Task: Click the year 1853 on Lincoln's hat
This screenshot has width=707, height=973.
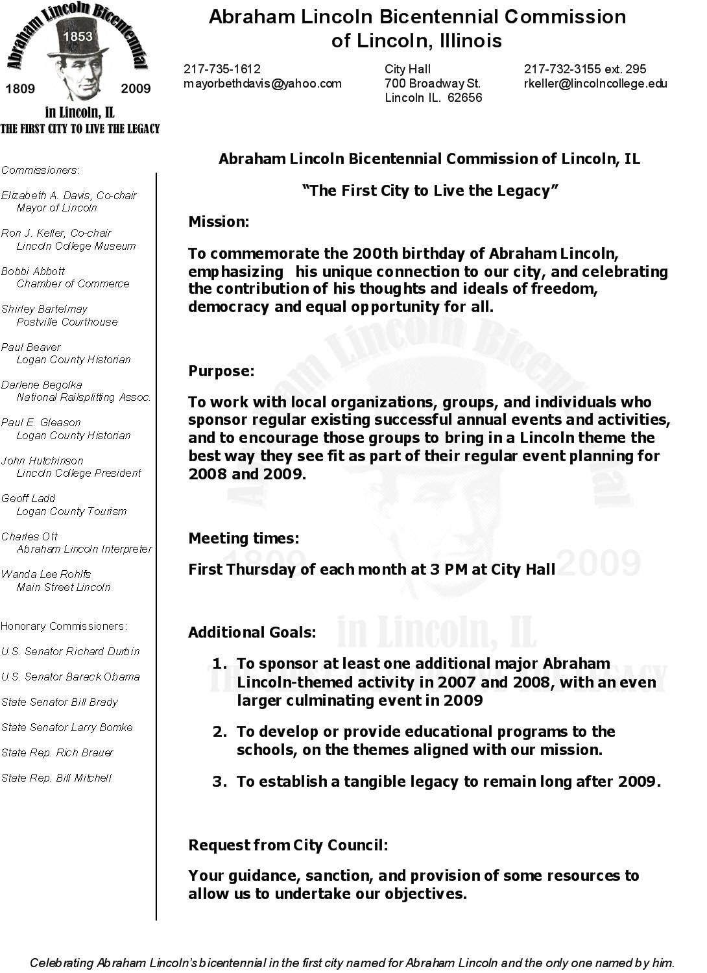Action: tap(77, 36)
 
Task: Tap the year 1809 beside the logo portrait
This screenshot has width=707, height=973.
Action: tap(20, 89)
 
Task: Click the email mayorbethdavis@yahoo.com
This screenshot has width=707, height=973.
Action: tap(262, 84)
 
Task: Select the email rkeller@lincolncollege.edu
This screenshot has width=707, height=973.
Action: tap(595, 84)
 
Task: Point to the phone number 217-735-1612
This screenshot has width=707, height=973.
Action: tap(222, 69)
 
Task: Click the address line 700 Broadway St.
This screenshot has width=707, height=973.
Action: tap(432, 84)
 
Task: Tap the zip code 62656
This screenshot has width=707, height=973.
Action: tap(465, 98)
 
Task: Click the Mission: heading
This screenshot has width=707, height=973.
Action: tap(219, 222)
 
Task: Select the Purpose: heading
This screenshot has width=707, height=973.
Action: tap(221, 371)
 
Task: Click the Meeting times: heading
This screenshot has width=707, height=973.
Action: tap(244, 538)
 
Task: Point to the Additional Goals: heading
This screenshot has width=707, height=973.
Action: tap(252, 632)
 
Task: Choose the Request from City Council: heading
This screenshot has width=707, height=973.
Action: tap(288, 845)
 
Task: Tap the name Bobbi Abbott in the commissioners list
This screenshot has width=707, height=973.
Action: tap(33, 271)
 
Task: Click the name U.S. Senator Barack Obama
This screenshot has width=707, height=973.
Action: tap(71, 677)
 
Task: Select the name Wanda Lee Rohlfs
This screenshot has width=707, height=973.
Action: tap(46, 574)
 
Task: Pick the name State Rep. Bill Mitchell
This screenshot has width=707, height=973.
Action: tap(56, 778)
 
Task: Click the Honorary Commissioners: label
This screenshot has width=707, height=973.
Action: tap(64, 626)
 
